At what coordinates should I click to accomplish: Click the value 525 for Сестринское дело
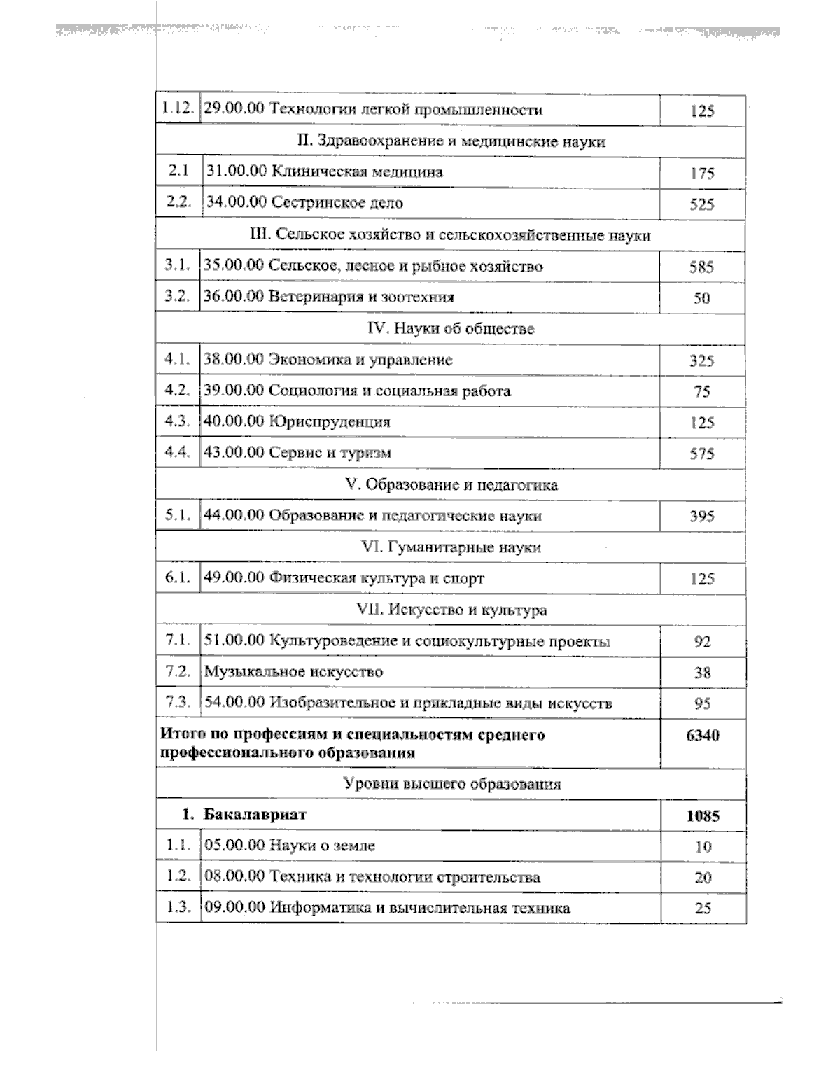(x=701, y=204)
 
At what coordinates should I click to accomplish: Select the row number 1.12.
(x=176, y=109)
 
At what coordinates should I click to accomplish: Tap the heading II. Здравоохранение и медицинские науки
(x=451, y=141)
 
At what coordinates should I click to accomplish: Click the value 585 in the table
(x=701, y=267)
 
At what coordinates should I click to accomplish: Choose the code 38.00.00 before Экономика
(x=233, y=360)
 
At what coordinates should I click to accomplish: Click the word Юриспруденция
(x=330, y=422)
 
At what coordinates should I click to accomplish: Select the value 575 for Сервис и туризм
(x=701, y=454)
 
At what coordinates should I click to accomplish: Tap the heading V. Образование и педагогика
(x=451, y=484)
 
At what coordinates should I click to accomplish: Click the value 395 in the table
(x=701, y=517)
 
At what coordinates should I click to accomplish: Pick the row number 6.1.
(x=177, y=578)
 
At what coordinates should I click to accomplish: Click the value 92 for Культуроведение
(x=702, y=642)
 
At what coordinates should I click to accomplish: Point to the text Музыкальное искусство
(x=293, y=672)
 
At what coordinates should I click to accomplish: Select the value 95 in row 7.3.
(x=702, y=704)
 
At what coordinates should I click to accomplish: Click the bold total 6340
(x=702, y=736)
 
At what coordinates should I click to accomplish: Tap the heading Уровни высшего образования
(x=452, y=784)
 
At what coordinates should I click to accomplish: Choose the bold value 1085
(x=703, y=815)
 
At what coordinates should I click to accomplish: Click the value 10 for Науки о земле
(x=703, y=846)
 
